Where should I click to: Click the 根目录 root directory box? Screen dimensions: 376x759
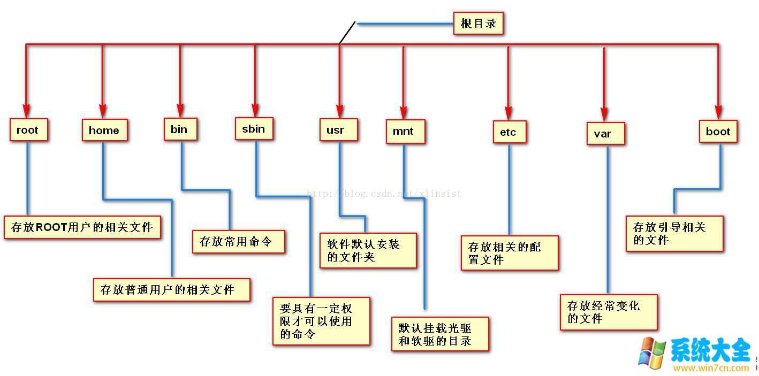(478, 24)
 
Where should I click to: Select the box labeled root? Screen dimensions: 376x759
(28, 130)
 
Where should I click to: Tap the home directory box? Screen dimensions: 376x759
(104, 130)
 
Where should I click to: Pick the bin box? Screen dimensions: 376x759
(179, 129)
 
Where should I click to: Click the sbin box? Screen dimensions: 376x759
(254, 129)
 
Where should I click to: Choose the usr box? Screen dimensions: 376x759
(338, 130)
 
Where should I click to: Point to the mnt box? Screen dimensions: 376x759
(405, 132)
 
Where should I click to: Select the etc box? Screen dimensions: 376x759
(509, 132)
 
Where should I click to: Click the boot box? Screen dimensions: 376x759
(718, 132)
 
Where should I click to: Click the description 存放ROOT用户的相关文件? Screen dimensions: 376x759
(82, 227)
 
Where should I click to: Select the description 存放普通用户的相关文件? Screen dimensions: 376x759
(171, 289)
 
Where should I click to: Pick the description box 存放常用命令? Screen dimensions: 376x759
(238, 242)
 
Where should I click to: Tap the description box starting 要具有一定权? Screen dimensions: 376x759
(321, 321)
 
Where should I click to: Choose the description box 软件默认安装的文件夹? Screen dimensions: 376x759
(368, 250)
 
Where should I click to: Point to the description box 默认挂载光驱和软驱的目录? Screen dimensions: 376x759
(439, 334)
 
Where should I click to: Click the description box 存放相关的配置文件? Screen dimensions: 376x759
(509, 253)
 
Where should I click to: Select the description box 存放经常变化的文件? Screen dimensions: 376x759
(608, 312)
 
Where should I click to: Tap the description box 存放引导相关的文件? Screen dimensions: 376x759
(674, 234)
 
